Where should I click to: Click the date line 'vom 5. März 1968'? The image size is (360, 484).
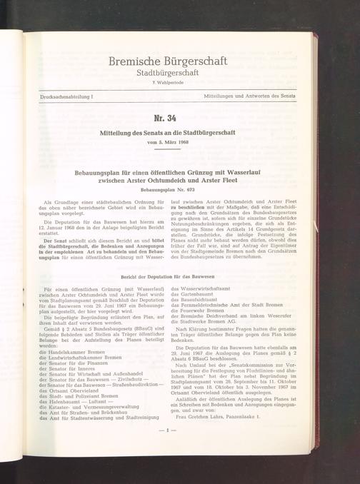coord(170,143)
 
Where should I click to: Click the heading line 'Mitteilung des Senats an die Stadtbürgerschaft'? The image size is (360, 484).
coord(170,132)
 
